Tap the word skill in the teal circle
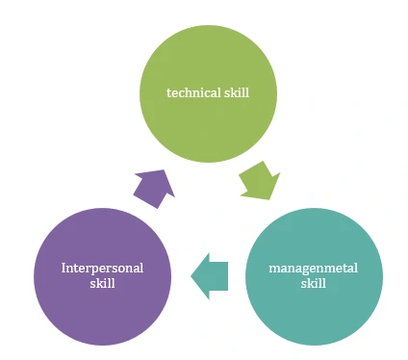click(x=313, y=284)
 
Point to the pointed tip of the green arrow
click(x=271, y=197)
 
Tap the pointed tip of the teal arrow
click(x=192, y=275)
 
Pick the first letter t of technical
click(x=169, y=93)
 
